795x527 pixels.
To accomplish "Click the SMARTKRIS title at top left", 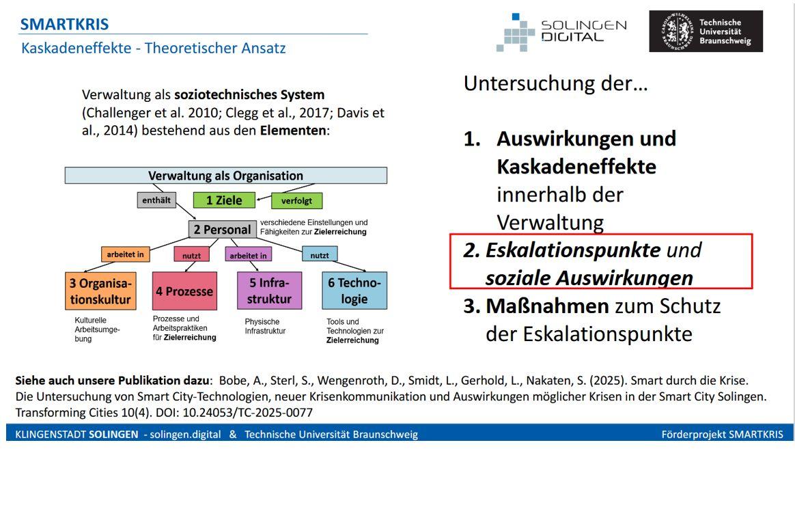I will [x=64, y=25].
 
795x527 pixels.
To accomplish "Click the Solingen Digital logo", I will [x=561, y=31].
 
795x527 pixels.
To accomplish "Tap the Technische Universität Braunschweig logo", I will [x=706, y=31].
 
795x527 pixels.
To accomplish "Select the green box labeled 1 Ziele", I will [x=224, y=200].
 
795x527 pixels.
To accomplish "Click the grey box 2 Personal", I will [x=222, y=230].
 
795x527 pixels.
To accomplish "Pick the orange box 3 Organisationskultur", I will [x=100, y=291].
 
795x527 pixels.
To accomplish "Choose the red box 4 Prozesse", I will [x=184, y=291].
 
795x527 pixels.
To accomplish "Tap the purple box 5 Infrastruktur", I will [x=269, y=291].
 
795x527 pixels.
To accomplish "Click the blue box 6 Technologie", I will [x=354, y=291].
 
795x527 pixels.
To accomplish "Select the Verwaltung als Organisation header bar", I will [x=225, y=176].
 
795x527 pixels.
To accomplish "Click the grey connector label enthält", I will [x=156, y=200].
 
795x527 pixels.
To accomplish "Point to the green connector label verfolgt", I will [x=296, y=201].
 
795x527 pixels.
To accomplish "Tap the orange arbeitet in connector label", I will [x=125, y=254].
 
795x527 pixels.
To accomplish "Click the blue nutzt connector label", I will [x=320, y=255].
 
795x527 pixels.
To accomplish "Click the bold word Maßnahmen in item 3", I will [x=547, y=306].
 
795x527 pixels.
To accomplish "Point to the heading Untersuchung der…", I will [x=555, y=83].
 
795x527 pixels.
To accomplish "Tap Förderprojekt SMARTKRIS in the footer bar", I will [x=722, y=434].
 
